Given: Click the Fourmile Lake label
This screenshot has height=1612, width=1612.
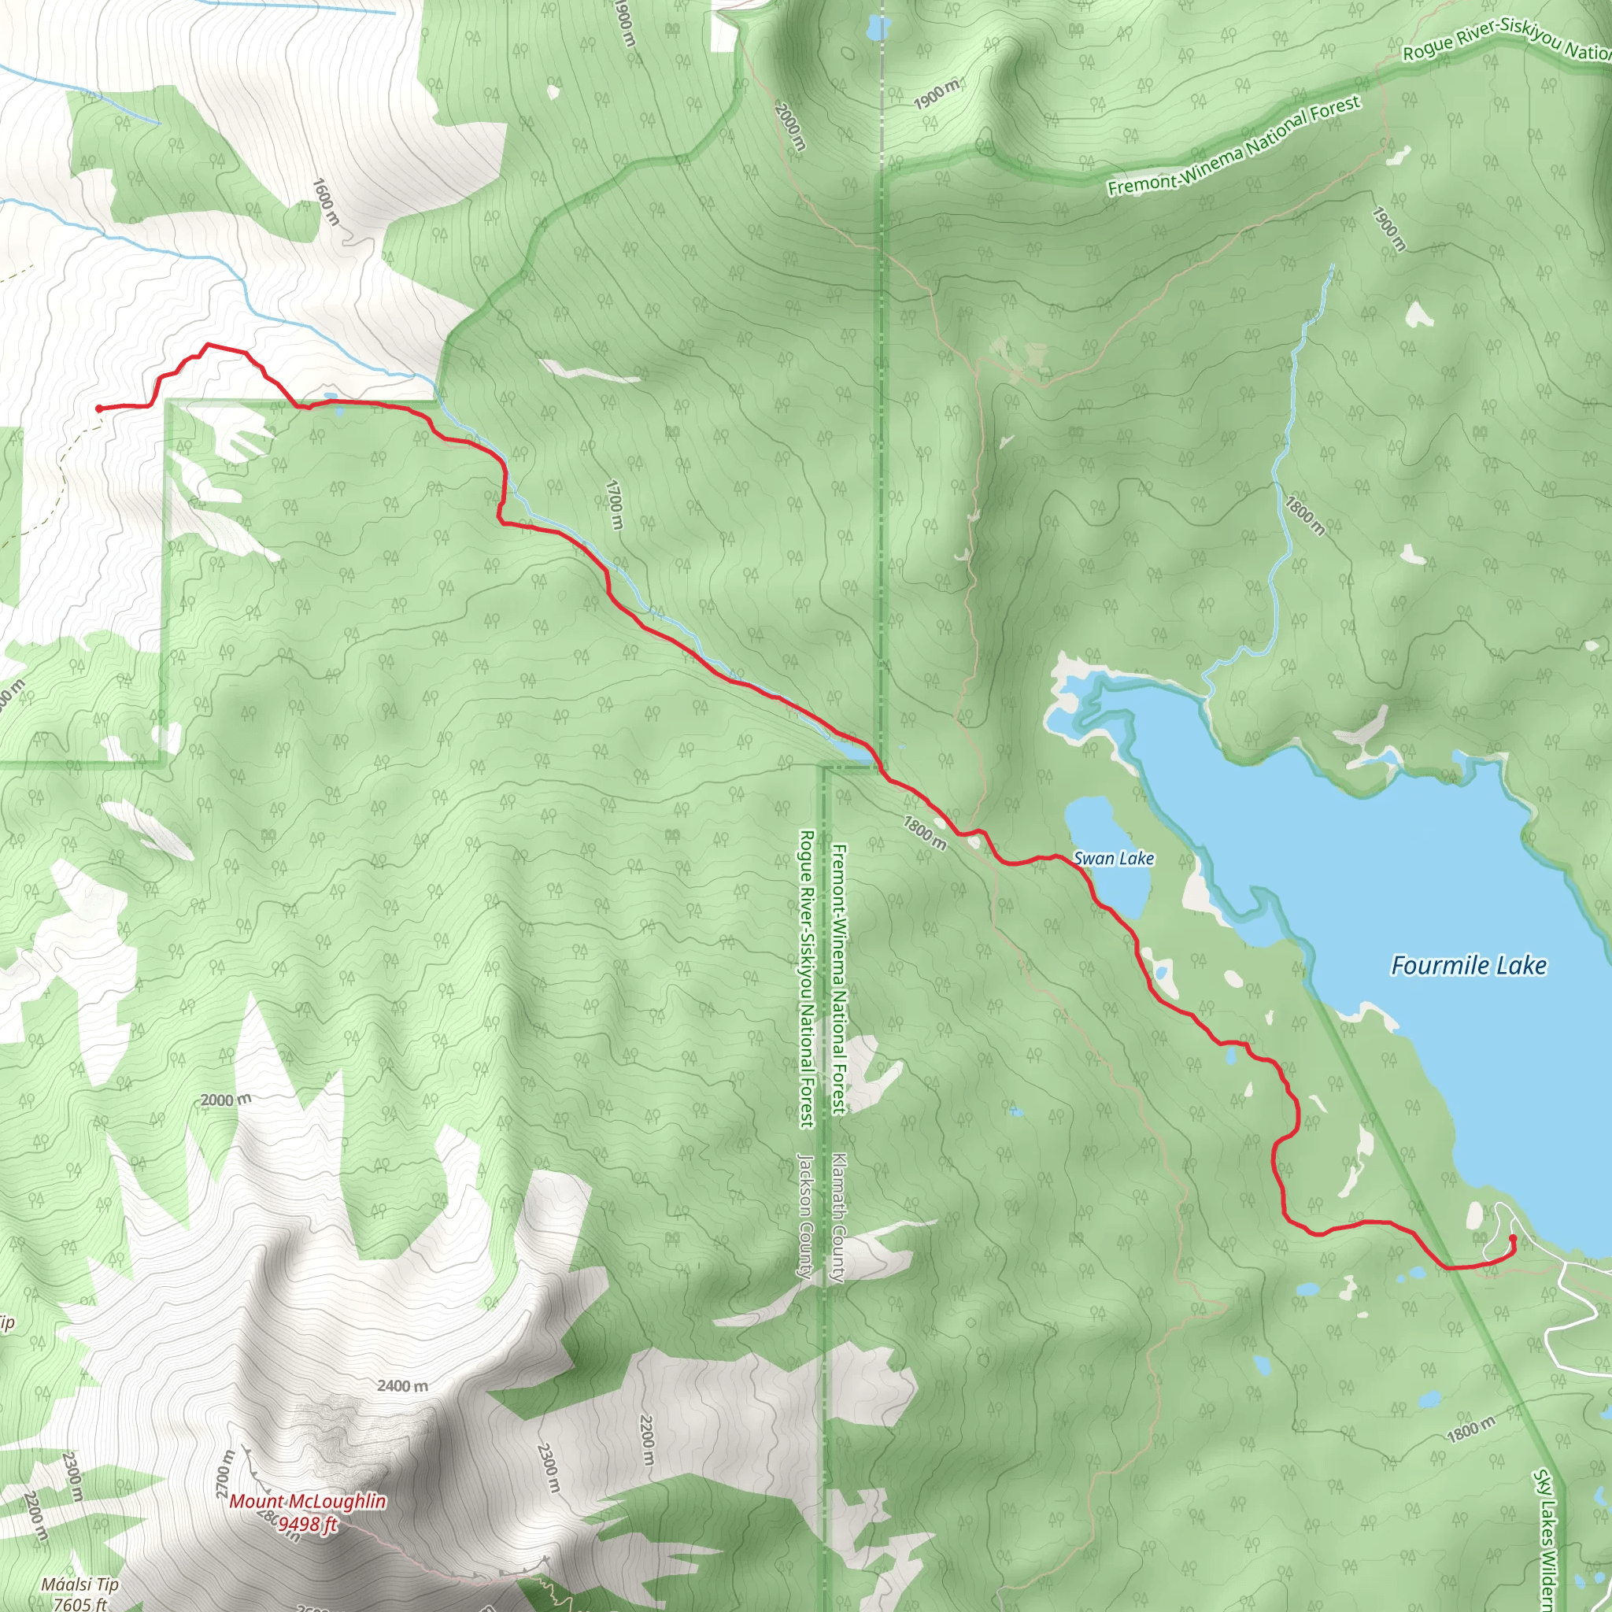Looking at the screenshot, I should [x=1468, y=967].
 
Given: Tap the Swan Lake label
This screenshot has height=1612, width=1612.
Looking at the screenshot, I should [x=1113, y=859].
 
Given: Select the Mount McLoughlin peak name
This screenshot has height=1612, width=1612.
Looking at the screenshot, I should [x=307, y=1502].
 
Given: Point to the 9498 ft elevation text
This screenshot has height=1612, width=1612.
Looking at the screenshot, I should [x=307, y=1525].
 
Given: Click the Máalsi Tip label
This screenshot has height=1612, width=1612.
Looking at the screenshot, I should [x=80, y=1584].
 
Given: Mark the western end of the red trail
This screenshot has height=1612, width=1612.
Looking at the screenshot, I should [x=99, y=408].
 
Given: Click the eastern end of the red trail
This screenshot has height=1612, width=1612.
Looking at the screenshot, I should [x=1513, y=1238].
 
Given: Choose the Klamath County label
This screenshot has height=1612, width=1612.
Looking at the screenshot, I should [x=839, y=1218].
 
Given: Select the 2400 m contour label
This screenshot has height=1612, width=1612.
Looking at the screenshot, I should [x=402, y=1386].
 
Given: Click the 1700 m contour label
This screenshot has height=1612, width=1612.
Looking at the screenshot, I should [x=614, y=504].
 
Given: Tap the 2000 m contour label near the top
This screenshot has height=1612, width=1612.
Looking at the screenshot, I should [x=789, y=126].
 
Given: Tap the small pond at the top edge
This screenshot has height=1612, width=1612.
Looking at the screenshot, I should [x=878, y=29].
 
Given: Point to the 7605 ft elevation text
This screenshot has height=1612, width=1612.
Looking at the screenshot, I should [x=79, y=1603].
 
